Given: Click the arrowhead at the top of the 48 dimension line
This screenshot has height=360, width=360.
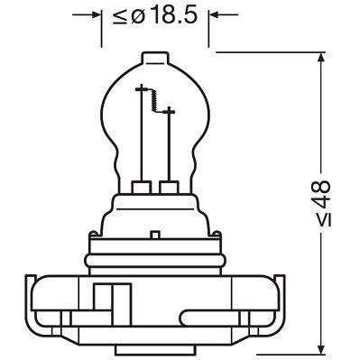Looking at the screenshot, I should pos(321,59).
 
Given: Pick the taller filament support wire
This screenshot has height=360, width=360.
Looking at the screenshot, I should pos(142,135).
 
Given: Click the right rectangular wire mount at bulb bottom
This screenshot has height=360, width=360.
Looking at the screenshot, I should pos(167,189).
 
